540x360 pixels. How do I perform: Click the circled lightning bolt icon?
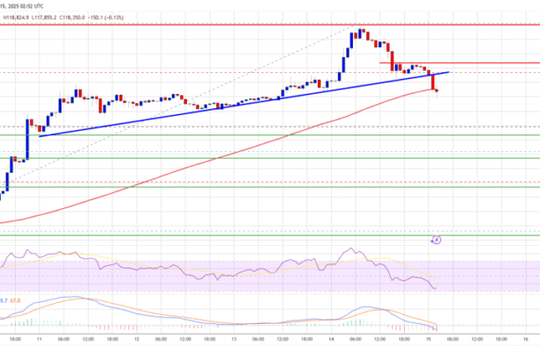(437, 239)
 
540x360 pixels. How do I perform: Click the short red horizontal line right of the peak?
(457, 63)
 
